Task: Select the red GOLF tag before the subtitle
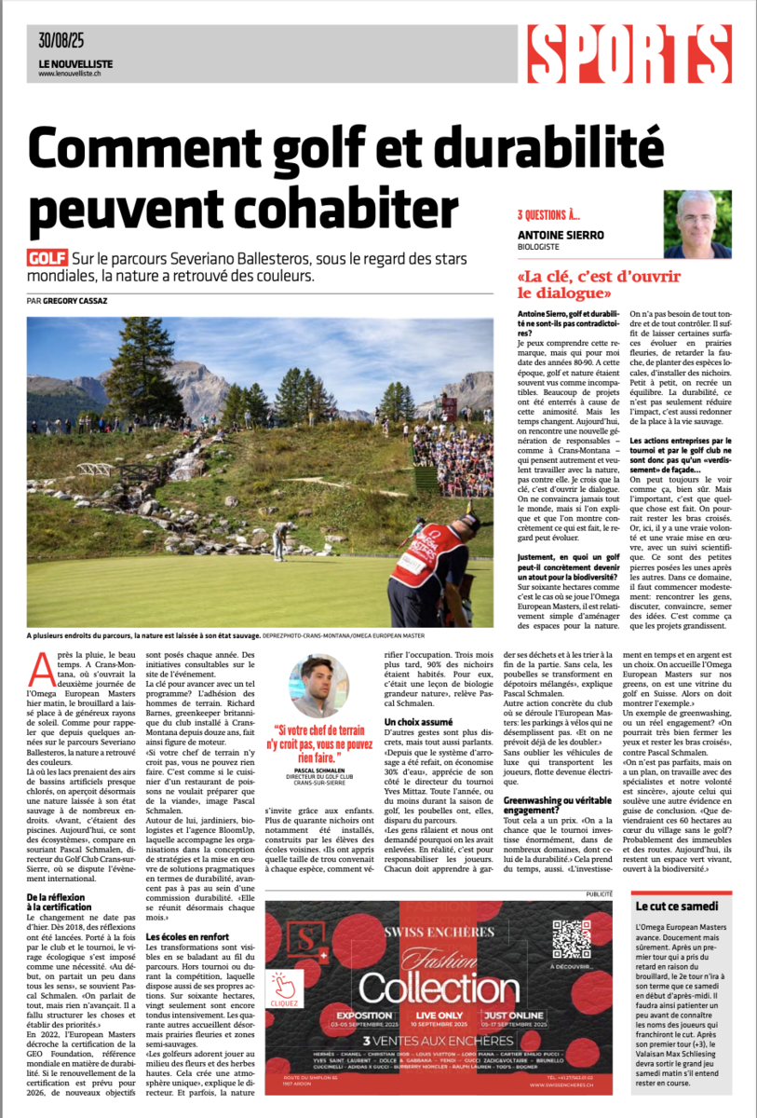point(47,258)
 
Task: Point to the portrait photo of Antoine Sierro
point(697,224)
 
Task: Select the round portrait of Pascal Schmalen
point(320,687)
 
